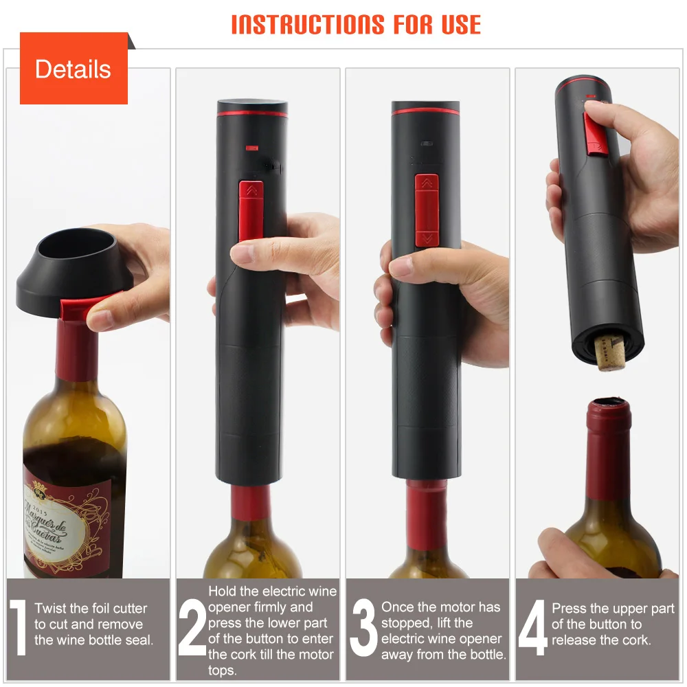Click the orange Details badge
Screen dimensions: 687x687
click(74, 69)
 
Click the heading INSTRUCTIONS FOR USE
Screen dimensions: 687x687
click(356, 24)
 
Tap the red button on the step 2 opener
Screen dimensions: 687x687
click(249, 210)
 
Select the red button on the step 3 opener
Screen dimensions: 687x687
click(426, 210)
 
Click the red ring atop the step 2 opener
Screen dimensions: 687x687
click(252, 113)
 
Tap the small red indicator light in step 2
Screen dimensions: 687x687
click(251, 146)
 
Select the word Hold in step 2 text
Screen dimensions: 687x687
click(223, 592)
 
